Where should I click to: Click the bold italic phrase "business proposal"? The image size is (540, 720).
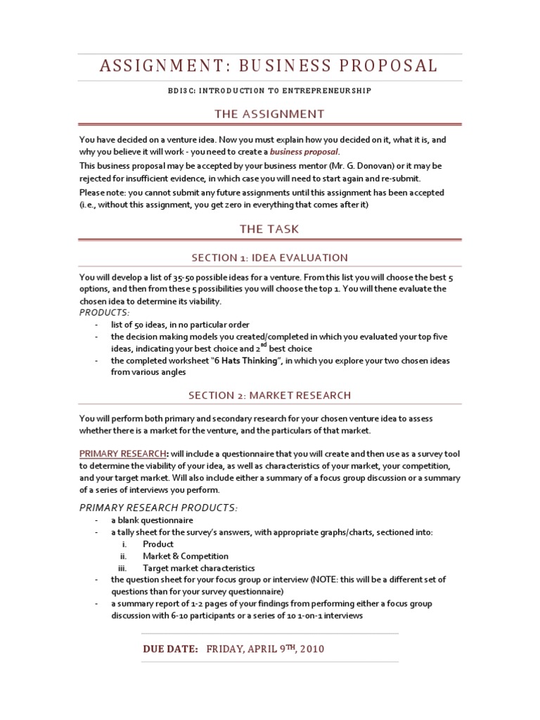(x=304, y=151)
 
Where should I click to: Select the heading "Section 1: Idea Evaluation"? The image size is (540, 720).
(x=270, y=257)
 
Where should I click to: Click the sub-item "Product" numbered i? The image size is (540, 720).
(x=158, y=544)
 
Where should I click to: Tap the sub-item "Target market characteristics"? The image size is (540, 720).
(x=199, y=568)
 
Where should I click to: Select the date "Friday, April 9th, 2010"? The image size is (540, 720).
(x=265, y=650)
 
